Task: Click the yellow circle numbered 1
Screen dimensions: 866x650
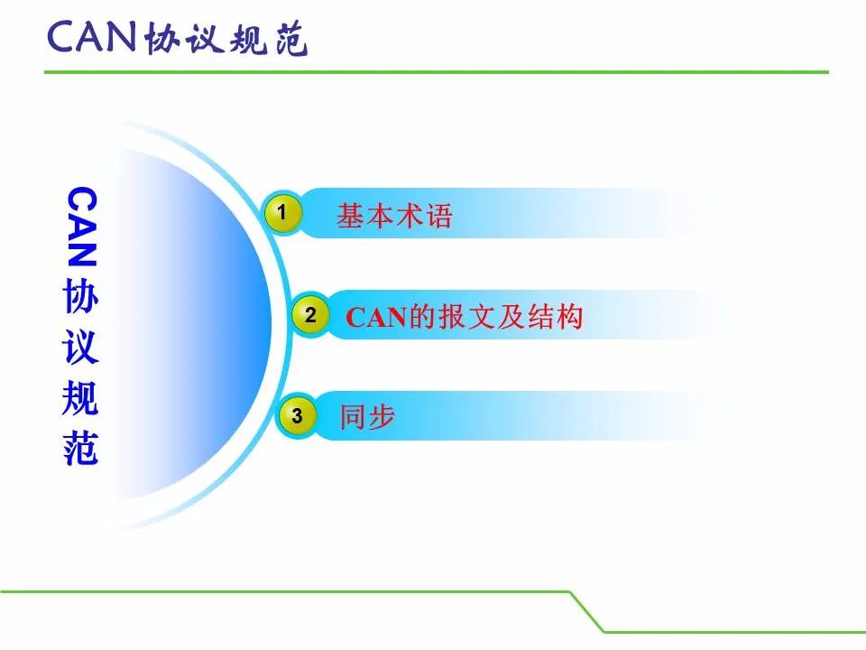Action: tap(282, 213)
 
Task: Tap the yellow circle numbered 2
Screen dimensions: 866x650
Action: tap(310, 315)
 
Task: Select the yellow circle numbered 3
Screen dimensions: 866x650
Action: tap(297, 415)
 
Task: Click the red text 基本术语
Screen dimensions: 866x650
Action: tap(394, 215)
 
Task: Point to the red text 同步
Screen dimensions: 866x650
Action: tap(367, 416)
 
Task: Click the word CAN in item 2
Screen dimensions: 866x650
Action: tap(376, 317)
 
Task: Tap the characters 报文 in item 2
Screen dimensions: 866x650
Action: tap(465, 317)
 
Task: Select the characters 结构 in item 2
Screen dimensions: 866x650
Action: tap(555, 317)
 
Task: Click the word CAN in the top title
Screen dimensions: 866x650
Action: tap(92, 37)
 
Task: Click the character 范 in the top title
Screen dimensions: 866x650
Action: tap(291, 39)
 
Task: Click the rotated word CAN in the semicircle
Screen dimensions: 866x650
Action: tap(82, 227)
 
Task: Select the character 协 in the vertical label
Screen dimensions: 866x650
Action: tap(80, 296)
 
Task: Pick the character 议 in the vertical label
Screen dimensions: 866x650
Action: tap(80, 347)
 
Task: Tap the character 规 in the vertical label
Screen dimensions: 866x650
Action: tap(80, 397)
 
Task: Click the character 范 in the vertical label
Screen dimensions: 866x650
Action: tap(80, 448)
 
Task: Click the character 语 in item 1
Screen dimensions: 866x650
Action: tap(438, 215)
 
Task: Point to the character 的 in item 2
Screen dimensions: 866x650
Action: tap(422, 317)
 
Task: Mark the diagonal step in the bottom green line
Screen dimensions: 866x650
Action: tap(587, 612)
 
